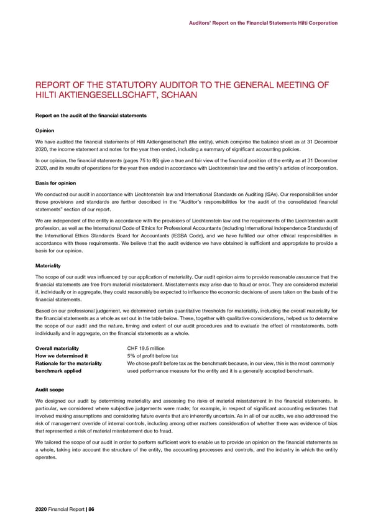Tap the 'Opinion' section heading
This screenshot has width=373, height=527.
point(45,131)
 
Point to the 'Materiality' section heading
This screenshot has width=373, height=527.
point(48,265)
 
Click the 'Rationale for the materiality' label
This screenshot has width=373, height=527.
point(69,364)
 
